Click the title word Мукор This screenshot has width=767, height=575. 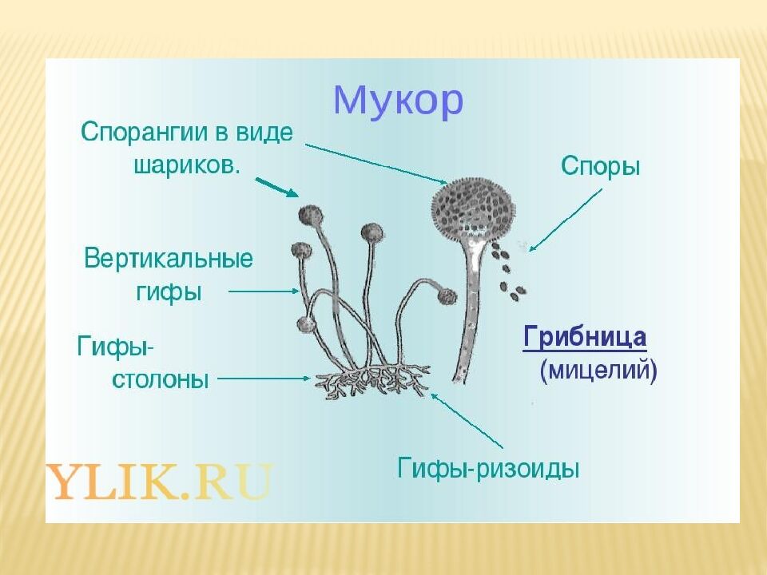[x=398, y=101]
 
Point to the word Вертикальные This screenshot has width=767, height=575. [x=169, y=260]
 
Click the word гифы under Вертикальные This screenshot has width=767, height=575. [x=169, y=292]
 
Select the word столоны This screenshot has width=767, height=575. [x=160, y=380]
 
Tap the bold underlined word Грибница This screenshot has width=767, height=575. [x=584, y=337]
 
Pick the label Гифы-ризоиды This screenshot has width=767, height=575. [x=488, y=468]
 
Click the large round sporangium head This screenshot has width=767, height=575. [x=471, y=208]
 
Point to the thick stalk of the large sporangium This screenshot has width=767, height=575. [x=470, y=311]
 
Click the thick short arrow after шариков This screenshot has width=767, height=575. [x=277, y=188]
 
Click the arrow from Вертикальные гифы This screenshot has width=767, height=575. [x=264, y=292]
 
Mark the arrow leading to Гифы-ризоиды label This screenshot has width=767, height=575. [x=467, y=419]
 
